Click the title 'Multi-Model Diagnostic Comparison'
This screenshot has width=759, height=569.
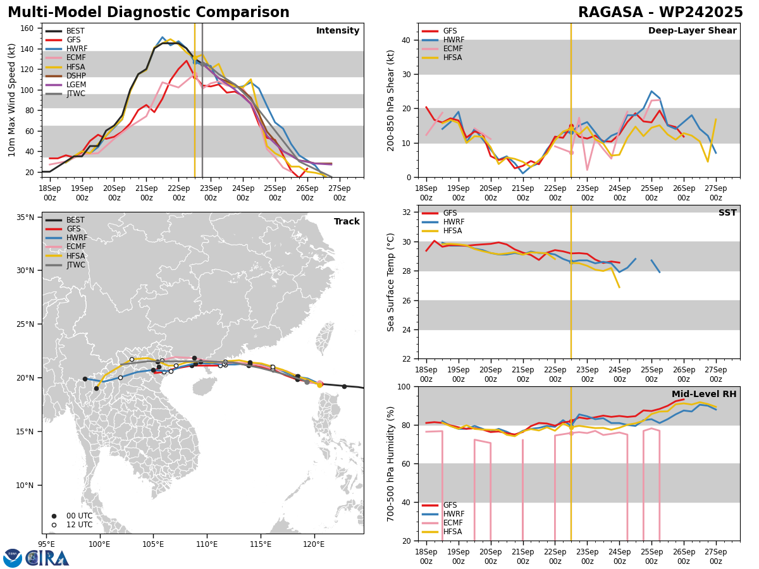click(x=148, y=13)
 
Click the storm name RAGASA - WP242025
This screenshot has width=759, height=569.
click(x=660, y=13)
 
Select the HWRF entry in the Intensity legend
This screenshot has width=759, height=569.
click(x=77, y=49)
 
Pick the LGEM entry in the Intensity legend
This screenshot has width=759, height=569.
click(x=76, y=85)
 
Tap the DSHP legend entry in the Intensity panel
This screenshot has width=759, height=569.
click(x=76, y=76)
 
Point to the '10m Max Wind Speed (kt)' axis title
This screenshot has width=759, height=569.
click(x=12, y=100)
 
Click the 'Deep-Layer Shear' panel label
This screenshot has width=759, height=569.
click(x=692, y=31)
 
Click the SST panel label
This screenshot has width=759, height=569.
click(x=727, y=213)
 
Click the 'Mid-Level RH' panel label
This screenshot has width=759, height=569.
click(x=704, y=395)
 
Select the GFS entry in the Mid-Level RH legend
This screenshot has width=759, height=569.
click(x=450, y=505)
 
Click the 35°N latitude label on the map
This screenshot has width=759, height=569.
click(x=25, y=217)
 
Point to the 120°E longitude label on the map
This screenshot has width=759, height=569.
click(x=314, y=543)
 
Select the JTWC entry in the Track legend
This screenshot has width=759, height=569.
click(x=76, y=265)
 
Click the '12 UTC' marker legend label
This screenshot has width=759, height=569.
click(x=79, y=525)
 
